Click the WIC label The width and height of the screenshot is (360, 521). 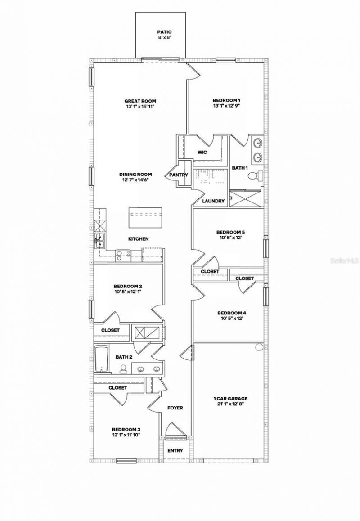[x=202, y=153]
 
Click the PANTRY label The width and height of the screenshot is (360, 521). [x=179, y=175]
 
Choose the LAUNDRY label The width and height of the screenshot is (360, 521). [x=213, y=201]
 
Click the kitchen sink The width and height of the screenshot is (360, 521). [x=99, y=241]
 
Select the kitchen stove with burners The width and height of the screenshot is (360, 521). [x=123, y=255]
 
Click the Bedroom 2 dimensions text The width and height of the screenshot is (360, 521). [x=128, y=292]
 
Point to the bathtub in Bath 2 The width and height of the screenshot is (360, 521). [x=102, y=359]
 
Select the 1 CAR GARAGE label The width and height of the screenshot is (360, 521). [x=230, y=398]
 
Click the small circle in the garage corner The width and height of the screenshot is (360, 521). [x=259, y=347]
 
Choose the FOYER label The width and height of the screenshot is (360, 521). [x=175, y=408]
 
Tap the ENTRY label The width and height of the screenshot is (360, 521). [x=175, y=450]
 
